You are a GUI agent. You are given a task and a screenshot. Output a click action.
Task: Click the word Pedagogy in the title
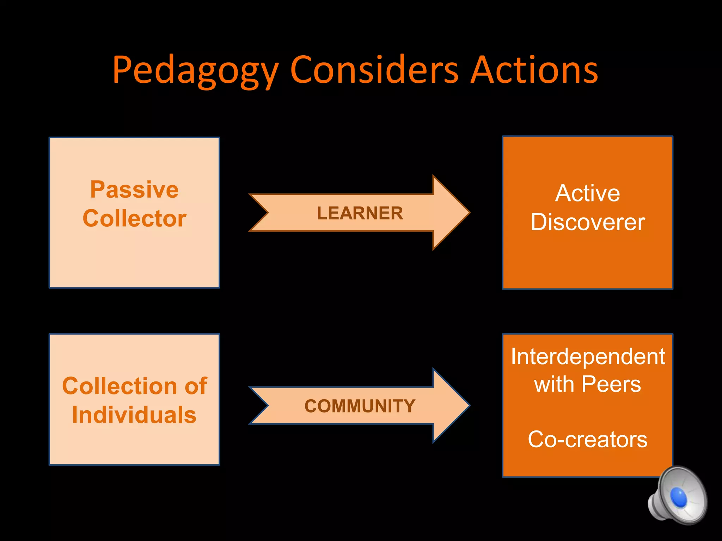[x=196, y=70]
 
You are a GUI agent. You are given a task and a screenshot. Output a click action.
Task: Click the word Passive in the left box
[x=134, y=189]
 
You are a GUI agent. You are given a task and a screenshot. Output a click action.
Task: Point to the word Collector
[x=134, y=218]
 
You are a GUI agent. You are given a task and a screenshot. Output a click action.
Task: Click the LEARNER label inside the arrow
[x=360, y=213]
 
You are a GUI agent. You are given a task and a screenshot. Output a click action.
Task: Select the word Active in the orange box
[x=587, y=193]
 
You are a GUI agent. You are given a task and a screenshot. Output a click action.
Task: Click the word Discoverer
[x=588, y=222]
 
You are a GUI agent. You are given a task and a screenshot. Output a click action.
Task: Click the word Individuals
[x=134, y=415]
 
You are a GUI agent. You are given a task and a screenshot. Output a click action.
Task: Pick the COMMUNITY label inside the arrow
[x=360, y=406]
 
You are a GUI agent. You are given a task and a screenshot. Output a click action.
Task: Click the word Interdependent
[x=588, y=356]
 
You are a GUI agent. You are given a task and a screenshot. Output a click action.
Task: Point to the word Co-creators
[x=588, y=439]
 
